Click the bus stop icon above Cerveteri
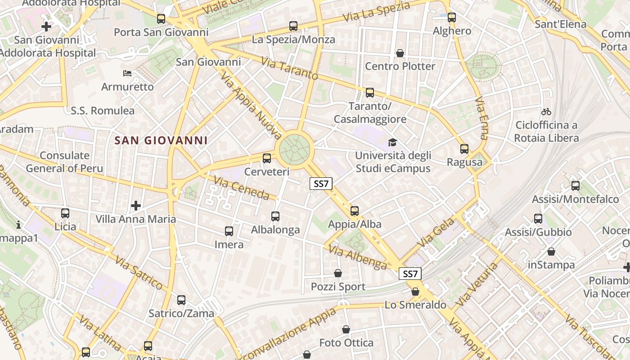pos(267,158)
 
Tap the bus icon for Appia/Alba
pos(355,211)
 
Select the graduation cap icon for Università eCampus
pos(393,142)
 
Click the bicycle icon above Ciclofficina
pos(546,111)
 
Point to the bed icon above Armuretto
pos(127,73)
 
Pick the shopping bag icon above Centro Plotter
pos(400,53)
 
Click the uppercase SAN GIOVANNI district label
pos(161,140)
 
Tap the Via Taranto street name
pos(289,68)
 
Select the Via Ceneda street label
pos(242,188)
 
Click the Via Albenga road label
pos(358,257)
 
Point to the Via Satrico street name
pos(139,273)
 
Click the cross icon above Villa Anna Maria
pos(136,206)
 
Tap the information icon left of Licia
pos(18,224)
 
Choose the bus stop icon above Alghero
pos(452,18)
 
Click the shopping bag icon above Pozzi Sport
pos(338,273)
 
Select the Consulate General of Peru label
pos(64,162)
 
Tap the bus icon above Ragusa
pos(464,148)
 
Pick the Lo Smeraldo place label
pos(415,305)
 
